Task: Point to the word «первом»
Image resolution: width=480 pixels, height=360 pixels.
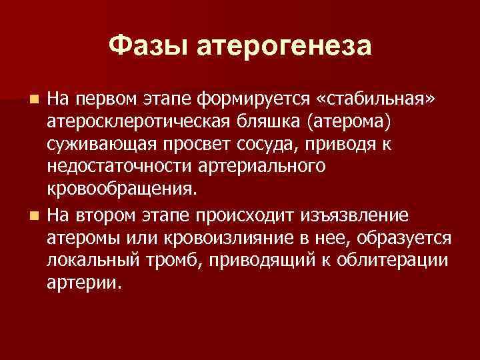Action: pos(107,100)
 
